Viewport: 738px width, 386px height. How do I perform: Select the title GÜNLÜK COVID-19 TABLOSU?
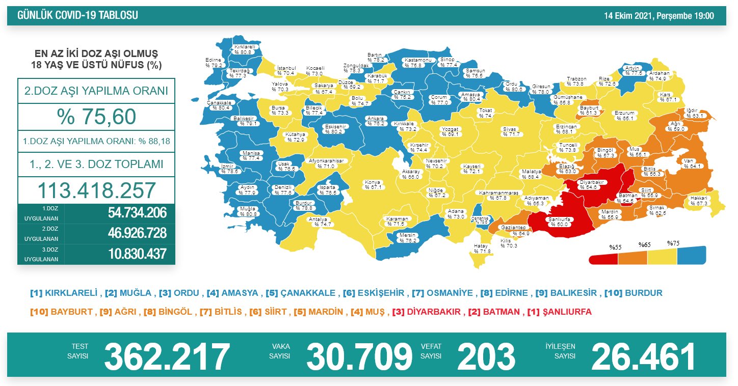point(77,16)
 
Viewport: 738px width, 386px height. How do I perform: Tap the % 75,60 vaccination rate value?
point(96,117)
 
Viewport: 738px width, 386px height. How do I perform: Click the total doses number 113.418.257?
point(96,190)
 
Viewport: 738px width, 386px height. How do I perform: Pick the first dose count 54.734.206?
point(137,213)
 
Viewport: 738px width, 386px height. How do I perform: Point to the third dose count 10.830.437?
point(137,254)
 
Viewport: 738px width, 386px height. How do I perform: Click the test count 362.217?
point(167,356)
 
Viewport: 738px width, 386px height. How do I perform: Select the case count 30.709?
point(359,356)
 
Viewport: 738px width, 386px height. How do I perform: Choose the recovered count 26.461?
point(643,356)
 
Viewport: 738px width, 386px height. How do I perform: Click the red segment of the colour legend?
point(603,259)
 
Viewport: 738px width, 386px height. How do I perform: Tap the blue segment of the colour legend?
point(692,256)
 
